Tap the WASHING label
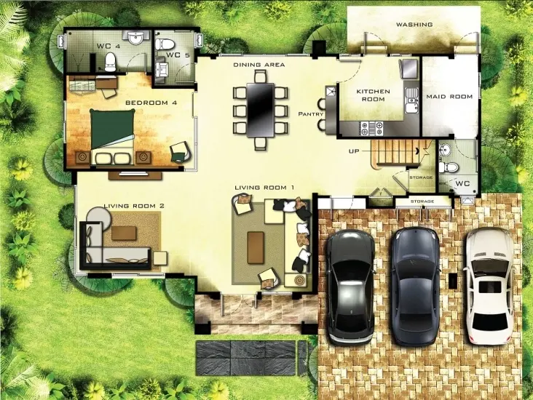(x=414, y=25)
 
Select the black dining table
(x=261, y=110)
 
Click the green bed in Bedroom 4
(x=112, y=137)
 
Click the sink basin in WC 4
(x=138, y=37)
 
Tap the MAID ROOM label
(x=449, y=97)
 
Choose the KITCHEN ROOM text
(x=373, y=95)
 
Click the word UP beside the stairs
(x=354, y=151)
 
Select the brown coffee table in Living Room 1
(x=256, y=247)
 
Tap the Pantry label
(x=310, y=114)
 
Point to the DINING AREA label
(x=259, y=65)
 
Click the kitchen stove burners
(x=372, y=128)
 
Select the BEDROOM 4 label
(x=151, y=103)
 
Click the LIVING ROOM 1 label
(x=264, y=188)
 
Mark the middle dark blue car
(x=415, y=287)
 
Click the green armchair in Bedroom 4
(x=181, y=151)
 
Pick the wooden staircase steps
(x=395, y=152)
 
